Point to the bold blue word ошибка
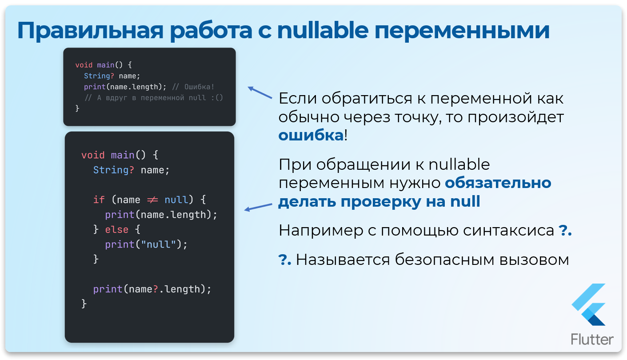(x=311, y=136)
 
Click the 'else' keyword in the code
(x=116, y=230)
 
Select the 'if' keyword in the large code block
(x=99, y=200)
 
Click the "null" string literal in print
(x=159, y=244)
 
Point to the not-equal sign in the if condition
(x=152, y=200)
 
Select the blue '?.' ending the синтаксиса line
(x=564, y=231)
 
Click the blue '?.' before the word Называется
(x=285, y=260)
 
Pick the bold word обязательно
(x=498, y=183)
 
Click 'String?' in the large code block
(x=113, y=170)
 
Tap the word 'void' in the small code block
(x=84, y=65)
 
